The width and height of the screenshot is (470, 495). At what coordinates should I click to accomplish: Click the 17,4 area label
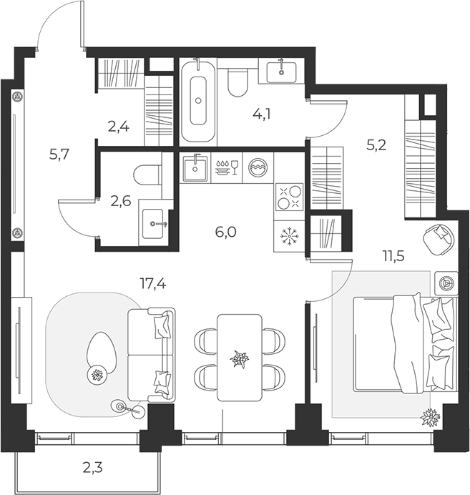[x=153, y=284]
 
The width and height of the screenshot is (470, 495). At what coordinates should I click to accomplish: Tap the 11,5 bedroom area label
[x=393, y=256]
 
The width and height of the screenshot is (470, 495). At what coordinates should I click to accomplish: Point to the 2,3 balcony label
[x=93, y=468]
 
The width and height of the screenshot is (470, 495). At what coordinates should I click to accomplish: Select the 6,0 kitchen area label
[x=225, y=232]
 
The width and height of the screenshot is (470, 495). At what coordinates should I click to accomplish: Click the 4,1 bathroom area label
[x=262, y=114]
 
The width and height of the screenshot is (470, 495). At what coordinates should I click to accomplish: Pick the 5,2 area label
[x=376, y=145]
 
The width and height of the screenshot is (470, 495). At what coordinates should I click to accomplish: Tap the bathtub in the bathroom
[x=198, y=100]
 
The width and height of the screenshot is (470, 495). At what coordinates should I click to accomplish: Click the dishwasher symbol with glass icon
[x=227, y=167]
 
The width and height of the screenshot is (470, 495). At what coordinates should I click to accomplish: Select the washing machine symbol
[x=258, y=167]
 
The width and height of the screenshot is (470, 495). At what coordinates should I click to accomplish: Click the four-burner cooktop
[x=289, y=197]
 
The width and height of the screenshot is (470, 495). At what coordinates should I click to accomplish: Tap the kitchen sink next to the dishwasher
[x=195, y=167]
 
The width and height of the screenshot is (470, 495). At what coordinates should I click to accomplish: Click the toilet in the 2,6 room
[x=147, y=175]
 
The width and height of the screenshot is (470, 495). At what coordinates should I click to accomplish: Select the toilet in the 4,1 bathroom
[x=238, y=83]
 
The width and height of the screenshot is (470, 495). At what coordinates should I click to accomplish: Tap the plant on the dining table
[x=239, y=359]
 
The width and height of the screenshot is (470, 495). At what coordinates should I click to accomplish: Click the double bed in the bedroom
[x=406, y=344]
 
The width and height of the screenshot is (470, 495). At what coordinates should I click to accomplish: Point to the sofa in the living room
[x=151, y=355]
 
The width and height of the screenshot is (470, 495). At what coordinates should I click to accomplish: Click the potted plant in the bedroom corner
[x=430, y=417]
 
